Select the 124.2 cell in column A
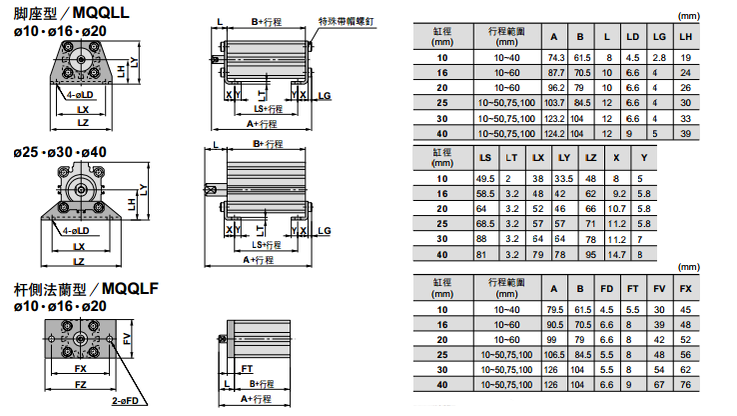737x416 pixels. (556, 133)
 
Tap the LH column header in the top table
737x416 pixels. (684, 37)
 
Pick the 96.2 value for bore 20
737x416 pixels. (556, 88)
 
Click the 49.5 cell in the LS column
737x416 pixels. (485, 177)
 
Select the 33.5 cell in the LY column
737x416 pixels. (564, 177)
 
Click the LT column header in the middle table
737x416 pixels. (511, 157)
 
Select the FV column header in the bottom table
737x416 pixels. (658, 290)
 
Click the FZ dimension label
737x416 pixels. (81, 384)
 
